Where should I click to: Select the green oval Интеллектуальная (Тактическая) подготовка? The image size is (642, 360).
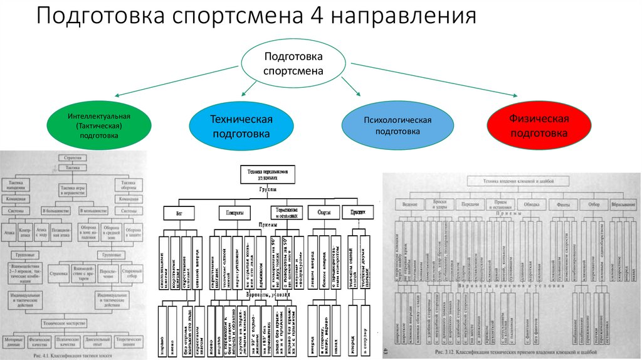coord(99,125)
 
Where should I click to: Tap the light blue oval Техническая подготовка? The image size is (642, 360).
coord(241,126)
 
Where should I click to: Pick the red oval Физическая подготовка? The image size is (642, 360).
coord(539,125)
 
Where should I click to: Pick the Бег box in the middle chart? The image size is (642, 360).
coord(175,212)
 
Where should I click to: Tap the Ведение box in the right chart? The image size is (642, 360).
coord(409,204)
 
